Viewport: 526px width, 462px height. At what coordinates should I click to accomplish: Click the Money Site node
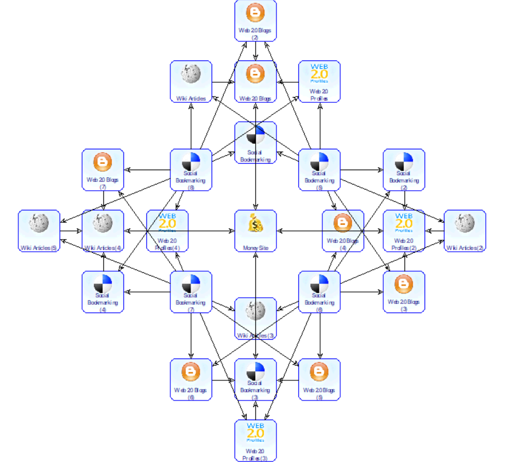pos(255,230)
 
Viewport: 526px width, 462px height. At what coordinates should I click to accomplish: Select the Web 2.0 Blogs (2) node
pos(255,20)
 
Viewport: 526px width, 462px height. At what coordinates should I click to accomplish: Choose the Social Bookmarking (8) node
pos(191,170)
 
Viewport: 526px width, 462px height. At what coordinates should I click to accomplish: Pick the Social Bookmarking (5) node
pos(319,170)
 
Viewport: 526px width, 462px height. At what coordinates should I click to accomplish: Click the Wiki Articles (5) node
pos(39,230)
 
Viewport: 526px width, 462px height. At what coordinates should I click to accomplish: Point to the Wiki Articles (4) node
pos(103,230)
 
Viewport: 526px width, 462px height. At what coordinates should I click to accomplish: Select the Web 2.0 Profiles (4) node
pos(167,230)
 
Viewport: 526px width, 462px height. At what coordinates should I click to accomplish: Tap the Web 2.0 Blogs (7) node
pos(103,170)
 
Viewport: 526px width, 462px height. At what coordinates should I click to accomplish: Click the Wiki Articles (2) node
pos(465,230)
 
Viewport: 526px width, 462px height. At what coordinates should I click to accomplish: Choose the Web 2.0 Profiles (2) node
pos(404,230)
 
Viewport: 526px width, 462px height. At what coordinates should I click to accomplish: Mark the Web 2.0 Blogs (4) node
pos(342,230)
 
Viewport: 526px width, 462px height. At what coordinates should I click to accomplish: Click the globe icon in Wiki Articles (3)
pos(255,310)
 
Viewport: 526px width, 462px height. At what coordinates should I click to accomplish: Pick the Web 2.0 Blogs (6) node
pos(191,379)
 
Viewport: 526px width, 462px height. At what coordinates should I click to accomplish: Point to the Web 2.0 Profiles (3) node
pos(255,440)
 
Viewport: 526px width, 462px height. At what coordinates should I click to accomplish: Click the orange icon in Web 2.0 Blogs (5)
pos(319,372)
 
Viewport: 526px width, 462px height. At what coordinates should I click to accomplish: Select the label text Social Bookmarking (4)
pos(103,302)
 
